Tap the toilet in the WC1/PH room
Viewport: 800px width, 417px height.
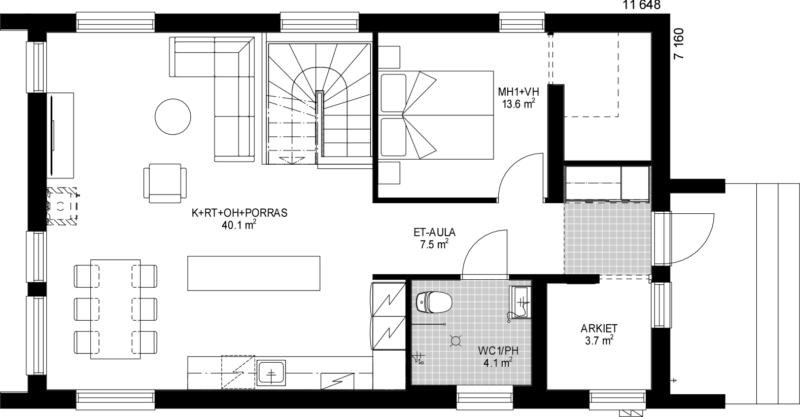pos(434,302)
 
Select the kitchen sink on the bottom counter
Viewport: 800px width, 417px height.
pos(271,373)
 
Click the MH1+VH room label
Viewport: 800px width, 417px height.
pos(518,92)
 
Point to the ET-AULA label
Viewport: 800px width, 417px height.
pos(434,233)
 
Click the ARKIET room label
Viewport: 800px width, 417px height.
pos(599,328)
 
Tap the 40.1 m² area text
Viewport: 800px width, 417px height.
pos(239,225)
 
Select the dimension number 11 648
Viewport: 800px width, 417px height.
pos(641,5)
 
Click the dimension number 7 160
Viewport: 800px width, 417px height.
pos(679,44)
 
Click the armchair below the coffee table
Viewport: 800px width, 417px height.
pos(165,183)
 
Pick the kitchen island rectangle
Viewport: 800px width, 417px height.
pos(254,273)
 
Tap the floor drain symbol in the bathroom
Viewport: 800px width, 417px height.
pos(456,341)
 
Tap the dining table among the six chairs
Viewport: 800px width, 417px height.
pos(115,309)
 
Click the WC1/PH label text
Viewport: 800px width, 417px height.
pos(498,351)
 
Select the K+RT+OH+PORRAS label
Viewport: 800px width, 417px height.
pos(239,213)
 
